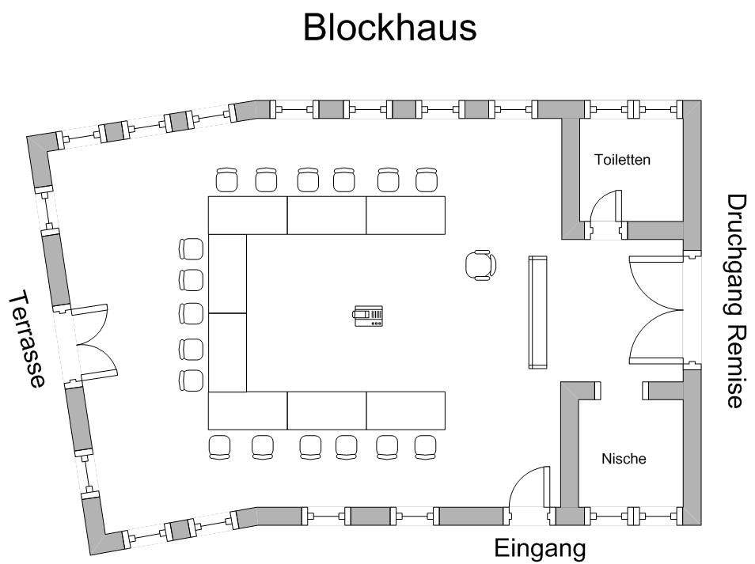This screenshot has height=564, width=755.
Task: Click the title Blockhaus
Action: tap(389, 28)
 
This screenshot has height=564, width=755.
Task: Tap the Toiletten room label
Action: tap(622, 160)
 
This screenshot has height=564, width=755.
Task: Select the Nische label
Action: tap(624, 459)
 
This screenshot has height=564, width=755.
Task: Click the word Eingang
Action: tap(540, 548)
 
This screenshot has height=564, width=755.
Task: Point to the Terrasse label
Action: tap(26, 340)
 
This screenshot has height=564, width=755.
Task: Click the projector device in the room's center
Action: tap(369, 316)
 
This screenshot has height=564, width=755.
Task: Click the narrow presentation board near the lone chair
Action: tap(538, 312)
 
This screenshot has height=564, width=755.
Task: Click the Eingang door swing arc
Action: tap(526, 483)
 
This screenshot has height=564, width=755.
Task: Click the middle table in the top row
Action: tap(326, 215)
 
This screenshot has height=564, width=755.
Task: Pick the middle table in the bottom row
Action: tap(326, 411)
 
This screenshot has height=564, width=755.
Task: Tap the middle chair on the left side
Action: tap(192, 314)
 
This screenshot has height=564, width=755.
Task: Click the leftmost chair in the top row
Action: tap(227, 180)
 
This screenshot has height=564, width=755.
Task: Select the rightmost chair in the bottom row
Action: tap(426, 447)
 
